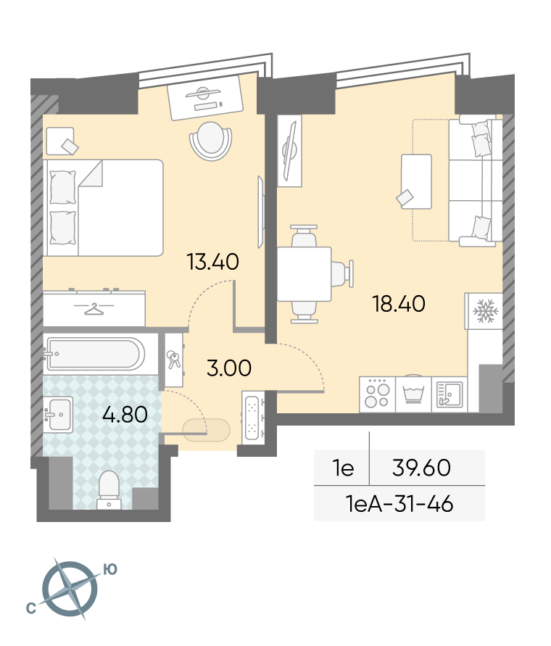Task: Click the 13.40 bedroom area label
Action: (212, 262)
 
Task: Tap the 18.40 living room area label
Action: (399, 304)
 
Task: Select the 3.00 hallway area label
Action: (228, 368)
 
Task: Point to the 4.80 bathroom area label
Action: (125, 414)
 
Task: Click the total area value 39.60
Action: (421, 468)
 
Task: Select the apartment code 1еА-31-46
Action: (399, 503)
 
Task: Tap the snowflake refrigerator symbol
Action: (486, 310)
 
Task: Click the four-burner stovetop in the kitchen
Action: (377, 394)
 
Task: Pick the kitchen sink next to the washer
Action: (449, 394)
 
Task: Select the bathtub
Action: (96, 354)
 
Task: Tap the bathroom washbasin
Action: (58, 415)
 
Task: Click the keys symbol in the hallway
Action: (173, 360)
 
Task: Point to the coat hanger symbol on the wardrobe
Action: (94, 309)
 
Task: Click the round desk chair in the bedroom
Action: (210, 141)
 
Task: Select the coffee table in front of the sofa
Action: (416, 181)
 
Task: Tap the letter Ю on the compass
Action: (110, 569)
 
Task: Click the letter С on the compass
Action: (31, 608)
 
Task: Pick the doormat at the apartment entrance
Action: (206, 431)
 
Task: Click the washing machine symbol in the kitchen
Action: (413, 394)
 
